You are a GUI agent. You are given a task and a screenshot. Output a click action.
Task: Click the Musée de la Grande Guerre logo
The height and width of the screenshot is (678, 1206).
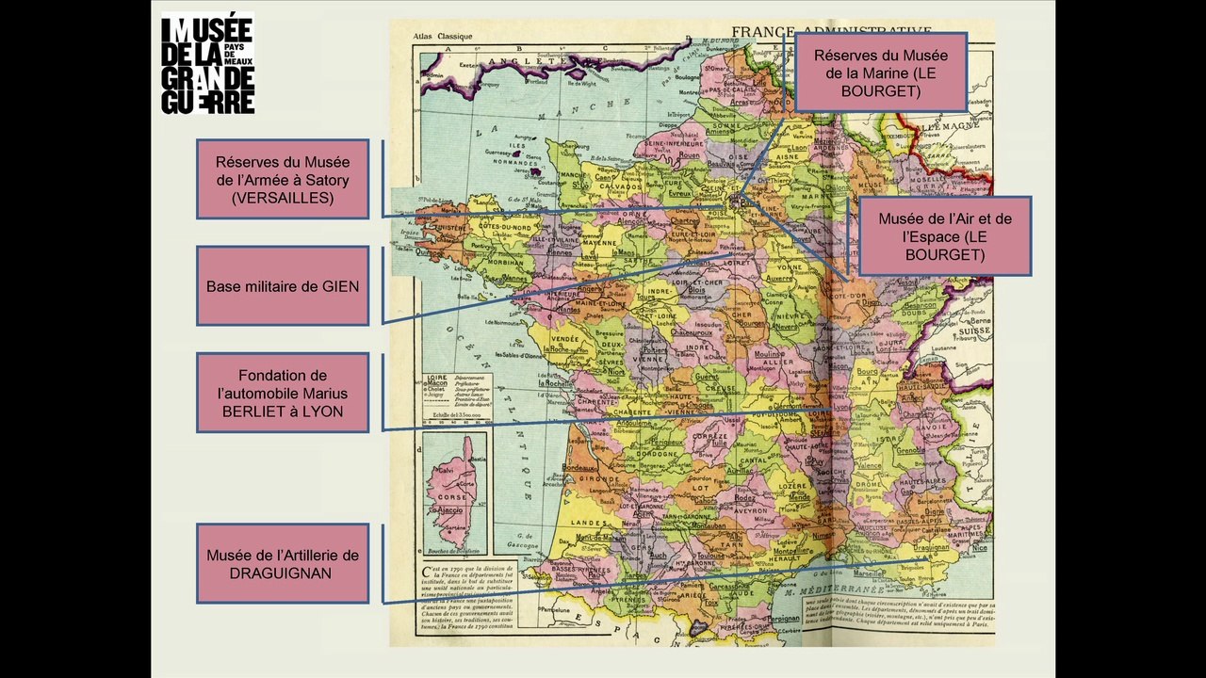pyautogui.click(x=207, y=63)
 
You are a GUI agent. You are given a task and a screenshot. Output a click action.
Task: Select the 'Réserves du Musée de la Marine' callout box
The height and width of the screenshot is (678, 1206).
pyautogui.click(x=881, y=73)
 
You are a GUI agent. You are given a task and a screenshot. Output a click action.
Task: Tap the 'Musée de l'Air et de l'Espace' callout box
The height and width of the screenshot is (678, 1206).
pyautogui.click(x=944, y=236)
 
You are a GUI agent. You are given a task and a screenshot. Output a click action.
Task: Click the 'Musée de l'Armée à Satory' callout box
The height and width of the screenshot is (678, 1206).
pyautogui.click(x=283, y=180)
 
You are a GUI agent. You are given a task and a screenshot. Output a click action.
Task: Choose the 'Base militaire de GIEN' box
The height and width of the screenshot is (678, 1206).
pyautogui.click(x=283, y=286)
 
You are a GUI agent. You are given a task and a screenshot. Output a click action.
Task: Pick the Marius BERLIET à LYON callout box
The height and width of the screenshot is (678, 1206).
pyautogui.click(x=283, y=393)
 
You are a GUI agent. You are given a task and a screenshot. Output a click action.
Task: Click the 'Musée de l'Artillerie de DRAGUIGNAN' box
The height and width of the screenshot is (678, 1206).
pyautogui.click(x=283, y=563)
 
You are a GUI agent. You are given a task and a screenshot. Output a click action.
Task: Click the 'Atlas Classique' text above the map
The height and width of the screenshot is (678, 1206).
pyautogui.click(x=442, y=37)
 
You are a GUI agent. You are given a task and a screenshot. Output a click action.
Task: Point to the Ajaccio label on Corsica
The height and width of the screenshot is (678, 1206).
pyautogui.click(x=449, y=509)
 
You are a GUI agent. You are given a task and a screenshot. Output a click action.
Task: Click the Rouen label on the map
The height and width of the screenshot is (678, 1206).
pyautogui.click(x=687, y=154)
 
